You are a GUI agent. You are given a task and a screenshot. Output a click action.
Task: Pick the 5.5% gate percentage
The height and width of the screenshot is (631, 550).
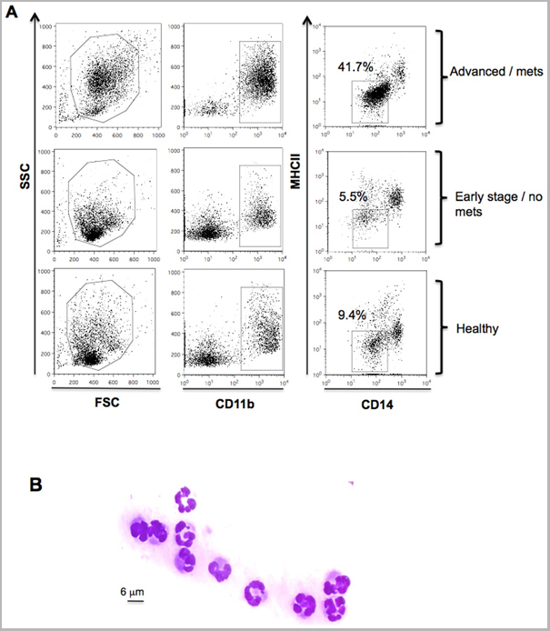(x=350, y=195)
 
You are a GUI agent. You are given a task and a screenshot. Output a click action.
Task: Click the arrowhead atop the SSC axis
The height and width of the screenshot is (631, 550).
(x=35, y=17)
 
